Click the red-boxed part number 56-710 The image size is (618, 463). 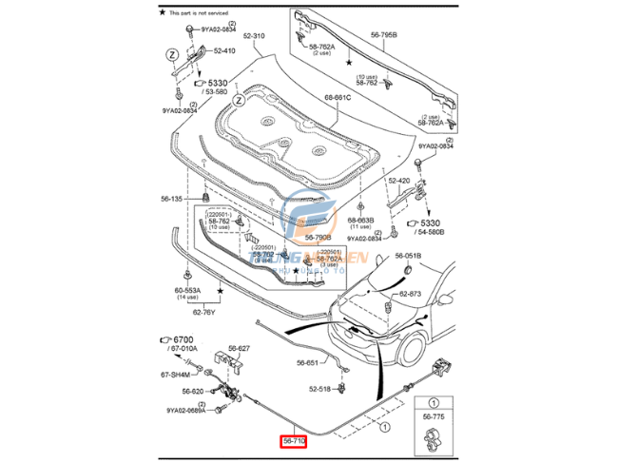(293, 441)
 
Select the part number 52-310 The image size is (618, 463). (254, 37)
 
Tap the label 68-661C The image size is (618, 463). (338, 97)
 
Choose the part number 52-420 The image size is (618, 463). (398, 180)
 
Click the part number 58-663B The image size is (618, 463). (360, 220)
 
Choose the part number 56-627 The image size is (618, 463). (239, 349)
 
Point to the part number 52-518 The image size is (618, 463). (319, 389)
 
